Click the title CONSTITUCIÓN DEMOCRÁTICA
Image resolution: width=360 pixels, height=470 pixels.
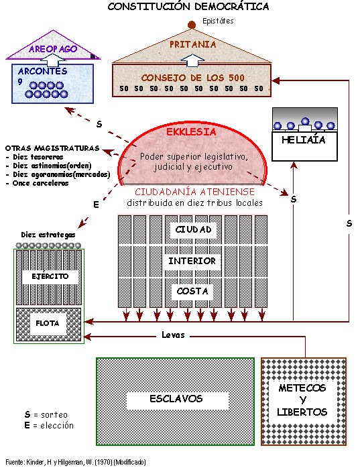click(188, 7)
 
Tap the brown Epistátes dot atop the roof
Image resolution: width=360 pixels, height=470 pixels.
click(192, 25)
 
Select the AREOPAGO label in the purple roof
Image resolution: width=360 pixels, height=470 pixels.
click(53, 50)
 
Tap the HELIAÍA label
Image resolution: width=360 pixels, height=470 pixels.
click(304, 140)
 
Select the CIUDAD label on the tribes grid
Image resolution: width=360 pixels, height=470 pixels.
click(193, 230)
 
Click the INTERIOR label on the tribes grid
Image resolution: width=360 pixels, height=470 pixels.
click(192, 261)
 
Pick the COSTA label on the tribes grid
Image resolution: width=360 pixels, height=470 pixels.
click(192, 291)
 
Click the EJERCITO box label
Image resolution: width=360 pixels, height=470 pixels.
click(50, 276)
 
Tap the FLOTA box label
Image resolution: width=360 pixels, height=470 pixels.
click(48, 323)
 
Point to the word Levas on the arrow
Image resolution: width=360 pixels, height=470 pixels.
click(173, 335)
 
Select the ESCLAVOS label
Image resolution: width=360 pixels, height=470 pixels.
click(175, 399)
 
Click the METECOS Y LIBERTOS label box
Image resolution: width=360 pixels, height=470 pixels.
click(303, 400)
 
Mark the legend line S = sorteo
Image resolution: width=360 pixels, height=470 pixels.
click(46, 415)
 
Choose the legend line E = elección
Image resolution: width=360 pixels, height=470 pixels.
click(48, 425)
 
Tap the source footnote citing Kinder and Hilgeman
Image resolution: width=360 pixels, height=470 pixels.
click(75, 463)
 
